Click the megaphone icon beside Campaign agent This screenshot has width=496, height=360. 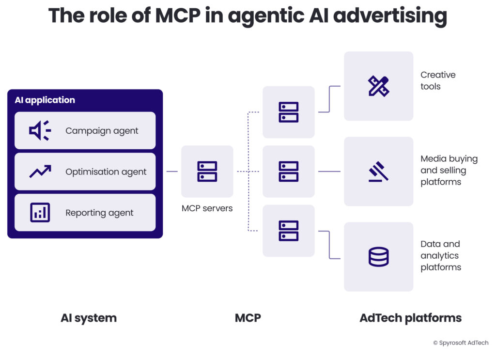point(39,131)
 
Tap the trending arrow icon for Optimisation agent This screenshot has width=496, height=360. point(40,172)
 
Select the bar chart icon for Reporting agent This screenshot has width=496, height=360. point(40,213)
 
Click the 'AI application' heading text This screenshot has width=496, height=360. point(45,100)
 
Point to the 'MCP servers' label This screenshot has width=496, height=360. point(207,208)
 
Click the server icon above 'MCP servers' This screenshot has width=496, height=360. point(207,172)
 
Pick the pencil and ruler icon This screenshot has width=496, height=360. point(378,86)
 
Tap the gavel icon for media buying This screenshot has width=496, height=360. point(378,172)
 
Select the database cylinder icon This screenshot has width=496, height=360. point(378,257)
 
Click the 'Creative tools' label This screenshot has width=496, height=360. point(438,80)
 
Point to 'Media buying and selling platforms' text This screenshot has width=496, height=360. point(442,170)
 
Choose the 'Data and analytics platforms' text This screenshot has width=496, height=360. point(440,255)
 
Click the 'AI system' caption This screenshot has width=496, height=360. point(89,318)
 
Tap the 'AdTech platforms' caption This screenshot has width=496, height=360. point(410,318)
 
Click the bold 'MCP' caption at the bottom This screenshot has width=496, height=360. point(248,318)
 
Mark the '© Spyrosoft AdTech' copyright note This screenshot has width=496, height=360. point(461,343)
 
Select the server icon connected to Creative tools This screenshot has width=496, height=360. point(288,112)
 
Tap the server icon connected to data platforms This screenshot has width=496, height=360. point(288,231)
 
